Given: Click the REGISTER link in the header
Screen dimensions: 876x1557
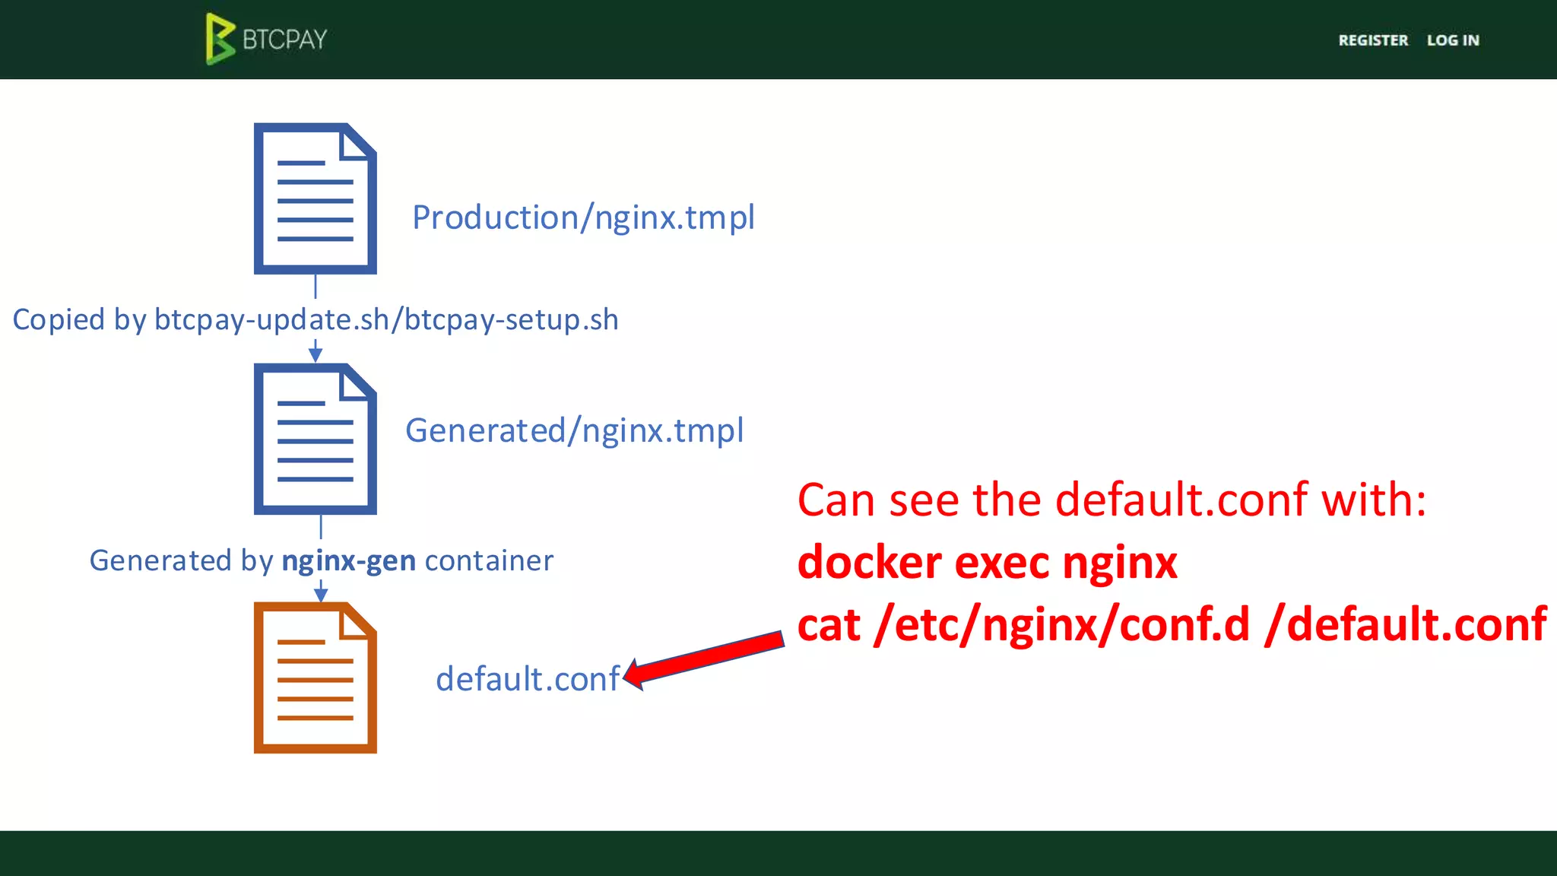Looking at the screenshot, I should click(x=1372, y=40).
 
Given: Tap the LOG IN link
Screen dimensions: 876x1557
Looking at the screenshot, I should click(x=1452, y=40).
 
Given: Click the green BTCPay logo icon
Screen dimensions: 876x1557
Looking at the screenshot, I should click(x=220, y=39).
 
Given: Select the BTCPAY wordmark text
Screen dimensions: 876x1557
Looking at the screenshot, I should click(x=284, y=40).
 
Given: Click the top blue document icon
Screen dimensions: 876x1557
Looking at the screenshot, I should click(x=315, y=198).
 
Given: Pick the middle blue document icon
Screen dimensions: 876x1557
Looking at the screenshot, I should click(x=315, y=439).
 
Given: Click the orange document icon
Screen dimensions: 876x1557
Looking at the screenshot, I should click(x=315, y=678).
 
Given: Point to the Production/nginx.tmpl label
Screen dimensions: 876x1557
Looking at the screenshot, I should click(x=583, y=218).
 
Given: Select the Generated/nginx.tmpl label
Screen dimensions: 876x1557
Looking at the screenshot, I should click(x=574, y=431).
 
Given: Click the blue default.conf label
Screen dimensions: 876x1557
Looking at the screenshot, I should click(x=528, y=679).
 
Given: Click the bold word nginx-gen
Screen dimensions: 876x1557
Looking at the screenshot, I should click(x=348, y=561).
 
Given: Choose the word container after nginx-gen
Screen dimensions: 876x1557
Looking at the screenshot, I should click(x=489, y=561).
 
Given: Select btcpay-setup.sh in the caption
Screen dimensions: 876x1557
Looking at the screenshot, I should click(x=511, y=320).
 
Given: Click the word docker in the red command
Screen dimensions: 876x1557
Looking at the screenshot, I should click(x=870, y=563).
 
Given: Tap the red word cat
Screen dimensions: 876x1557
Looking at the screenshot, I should click(x=829, y=625).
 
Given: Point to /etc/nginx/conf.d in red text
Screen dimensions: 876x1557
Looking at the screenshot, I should click(x=1061, y=625).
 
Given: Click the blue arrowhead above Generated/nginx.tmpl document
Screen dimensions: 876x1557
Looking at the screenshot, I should click(x=316, y=354).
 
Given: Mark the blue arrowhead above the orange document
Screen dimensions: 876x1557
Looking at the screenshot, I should click(x=321, y=594).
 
